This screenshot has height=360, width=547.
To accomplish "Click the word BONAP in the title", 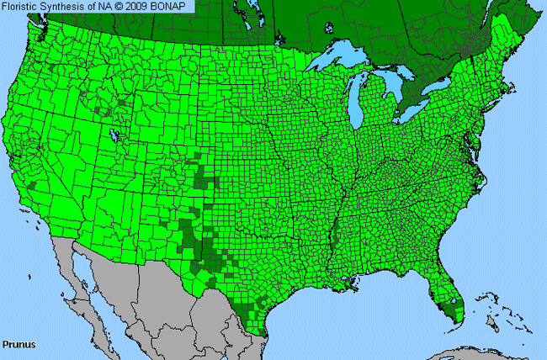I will coord(174,7).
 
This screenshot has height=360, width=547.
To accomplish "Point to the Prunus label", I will coord(18,344).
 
